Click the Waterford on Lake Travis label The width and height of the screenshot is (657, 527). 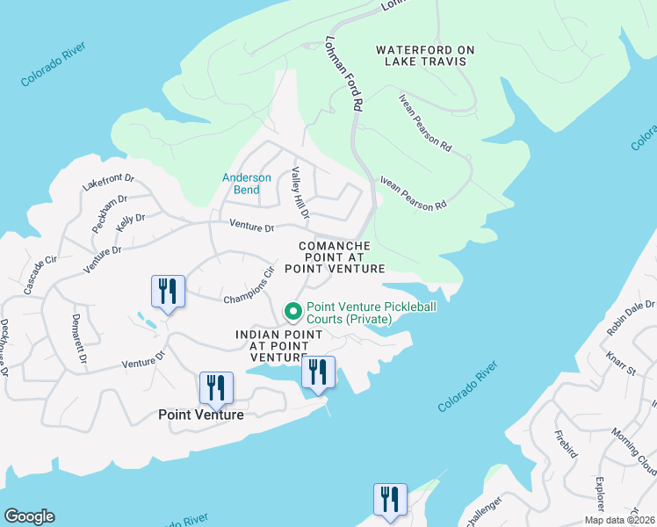click(x=420, y=55)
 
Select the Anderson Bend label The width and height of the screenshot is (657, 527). click(x=247, y=184)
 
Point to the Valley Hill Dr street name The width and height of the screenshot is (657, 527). click(x=300, y=193)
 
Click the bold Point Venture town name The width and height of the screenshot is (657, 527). click(x=200, y=415)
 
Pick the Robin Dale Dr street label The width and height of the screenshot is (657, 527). click(x=631, y=317)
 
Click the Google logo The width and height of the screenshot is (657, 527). click(x=29, y=516)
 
